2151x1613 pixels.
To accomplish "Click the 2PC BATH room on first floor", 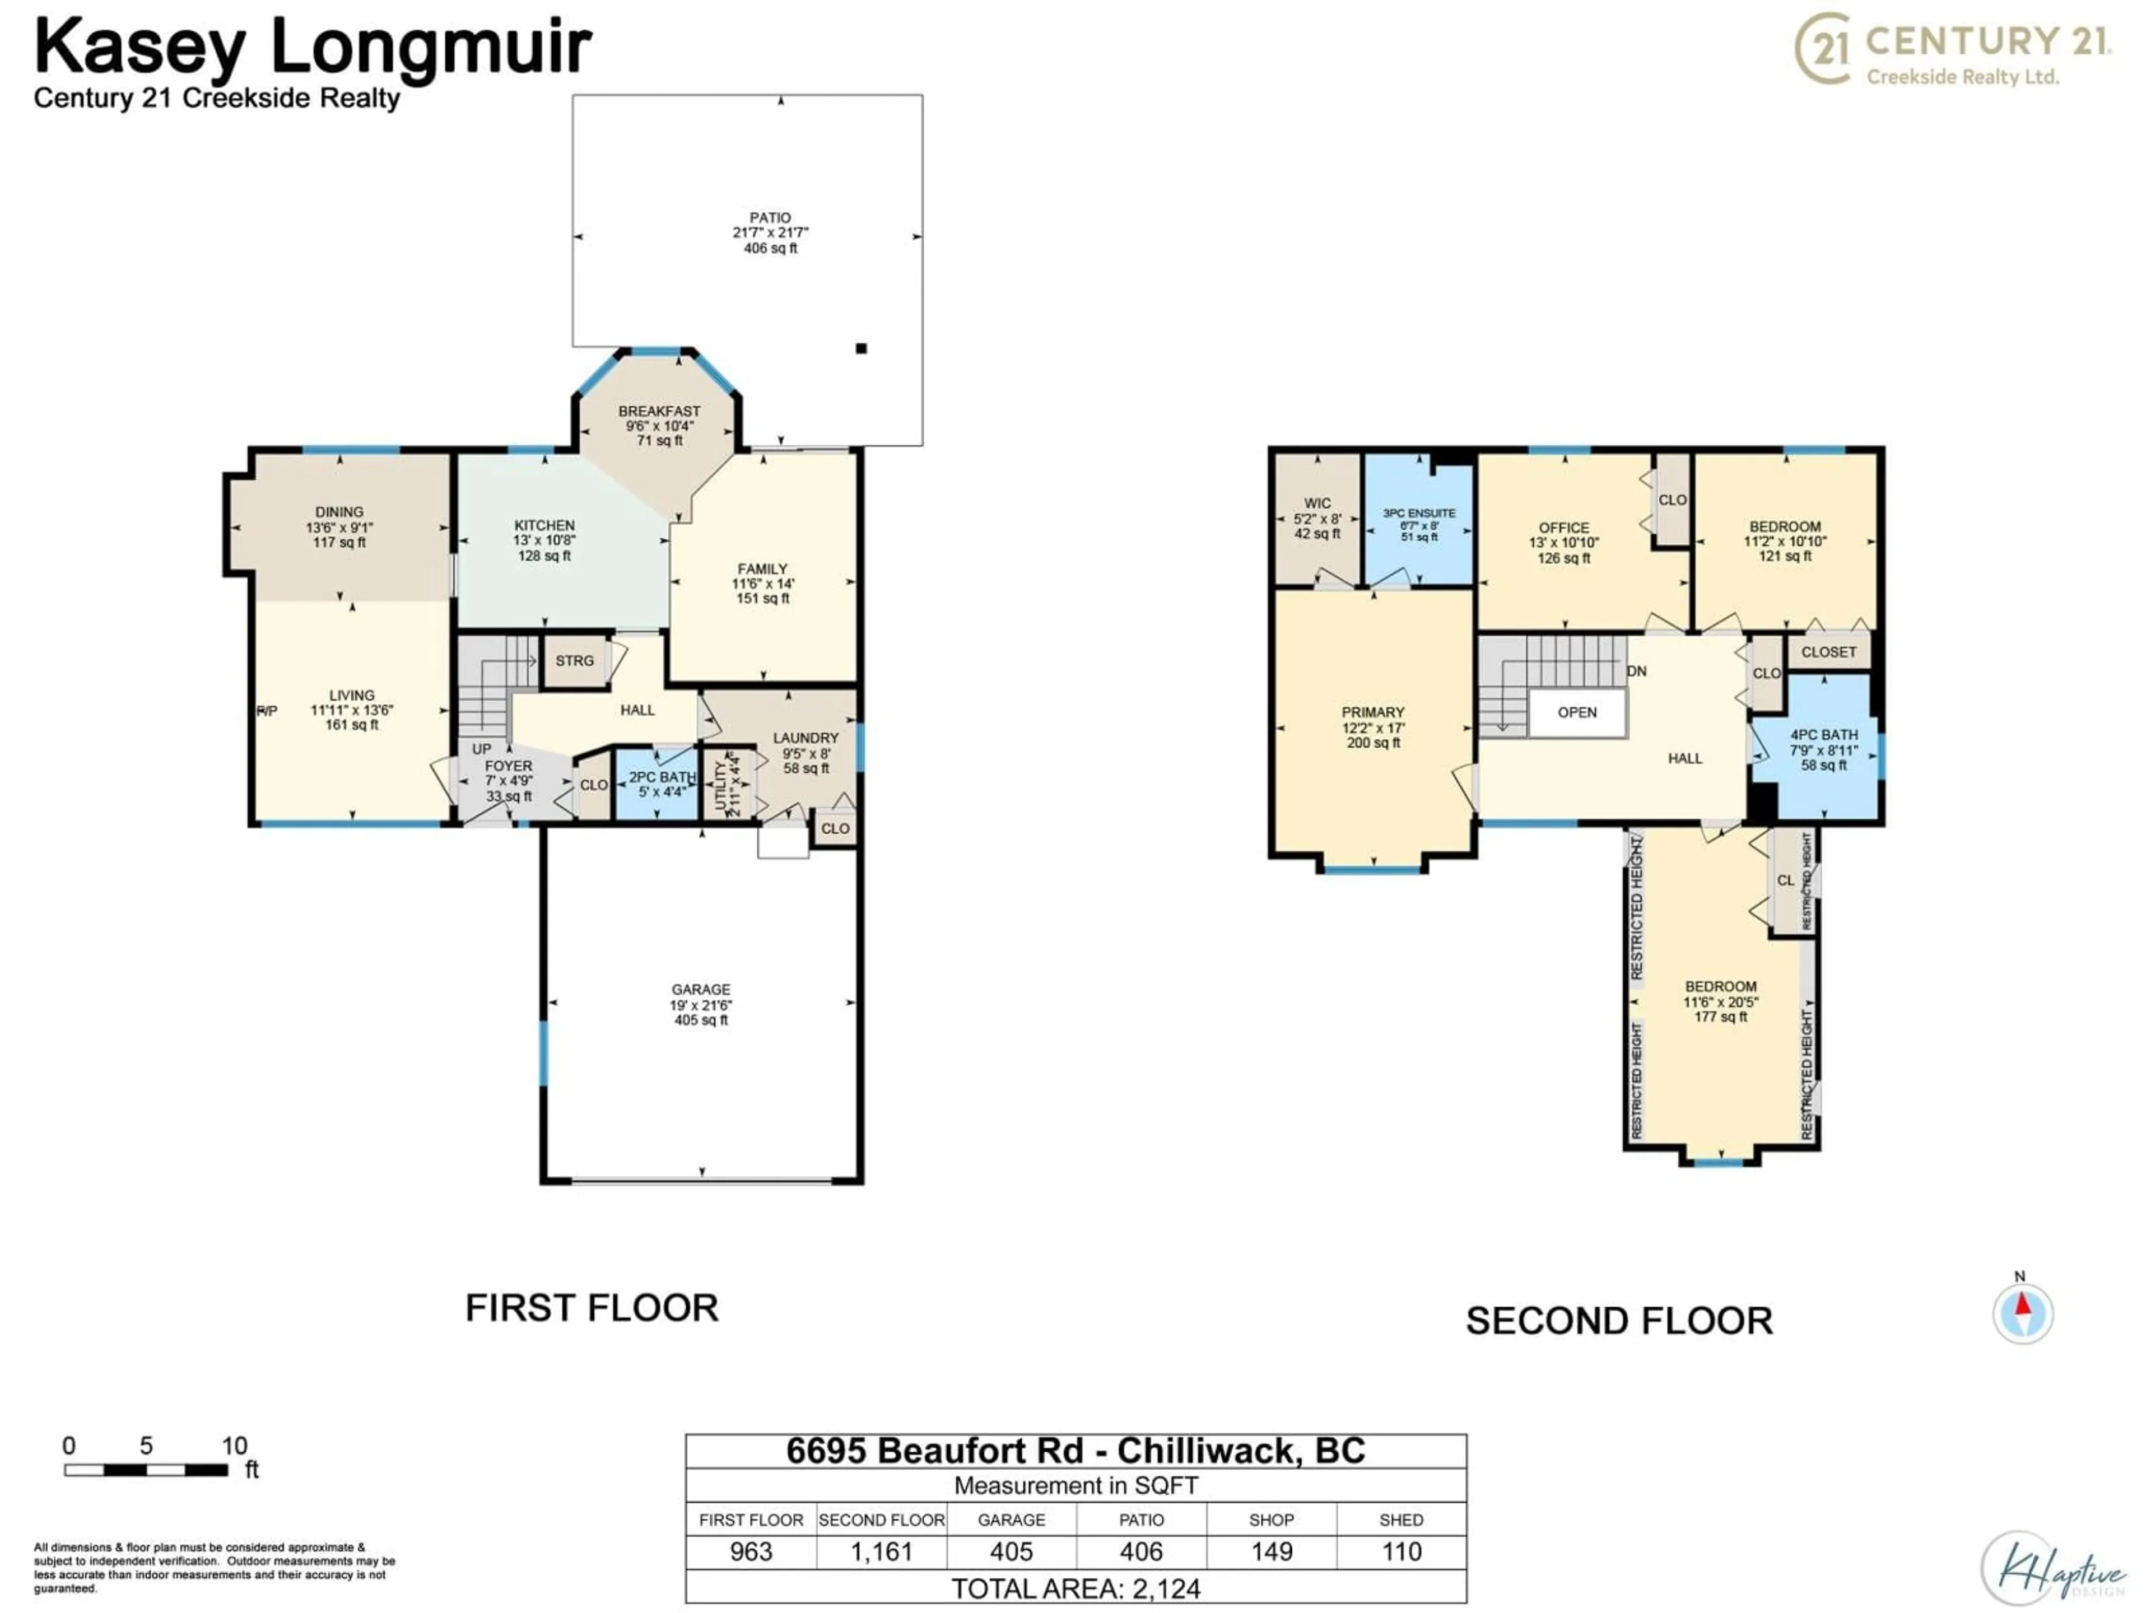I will click(658, 784).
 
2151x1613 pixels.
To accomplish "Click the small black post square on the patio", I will click(860, 348).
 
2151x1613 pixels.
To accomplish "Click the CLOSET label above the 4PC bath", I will click(1828, 652).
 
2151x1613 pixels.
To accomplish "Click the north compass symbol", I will click(2023, 1313).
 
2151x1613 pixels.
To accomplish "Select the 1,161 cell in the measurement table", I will click(881, 1552).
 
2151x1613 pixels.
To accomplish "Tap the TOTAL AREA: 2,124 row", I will click(1075, 1589).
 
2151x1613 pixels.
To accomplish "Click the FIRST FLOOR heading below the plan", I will click(591, 1308).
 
